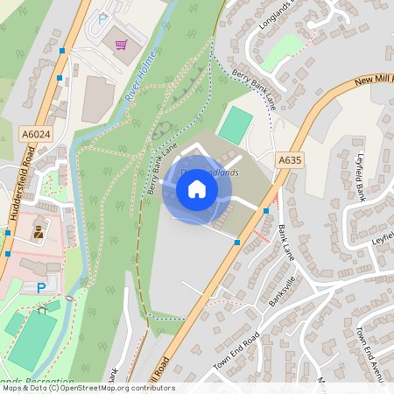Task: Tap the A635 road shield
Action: pyautogui.click(x=289, y=160)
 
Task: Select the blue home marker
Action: pyautogui.click(x=197, y=188)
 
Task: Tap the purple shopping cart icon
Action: pyautogui.click(x=120, y=43)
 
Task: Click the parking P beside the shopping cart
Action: pyautogui.click(x=102, y=18)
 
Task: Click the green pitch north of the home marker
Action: pyautogui.click(x=235, y=124)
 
